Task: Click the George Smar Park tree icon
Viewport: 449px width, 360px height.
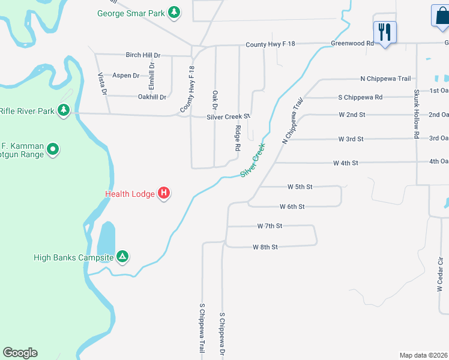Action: (x=174, y=12)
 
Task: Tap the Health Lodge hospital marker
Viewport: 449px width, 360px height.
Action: (x=164, y=193)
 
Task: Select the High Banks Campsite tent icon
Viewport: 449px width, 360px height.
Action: (x=122, y=257)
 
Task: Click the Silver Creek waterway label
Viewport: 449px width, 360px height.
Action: (x=253, y=160)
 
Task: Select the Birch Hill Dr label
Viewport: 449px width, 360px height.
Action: (x=143, y=55)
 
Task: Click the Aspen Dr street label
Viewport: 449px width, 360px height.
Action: (x=126, y=76)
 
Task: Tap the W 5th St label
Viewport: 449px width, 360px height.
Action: (x=300, y=187)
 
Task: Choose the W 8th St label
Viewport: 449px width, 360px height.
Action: (x=265, y=247)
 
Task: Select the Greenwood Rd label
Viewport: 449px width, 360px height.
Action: (x=352, y=44)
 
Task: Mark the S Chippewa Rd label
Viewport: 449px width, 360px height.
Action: (x=360, y=97)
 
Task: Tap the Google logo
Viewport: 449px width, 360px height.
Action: (x=20, y=353)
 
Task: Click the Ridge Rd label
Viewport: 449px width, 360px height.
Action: (x=238, y=138)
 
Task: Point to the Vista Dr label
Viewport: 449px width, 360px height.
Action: (x=102, y=85)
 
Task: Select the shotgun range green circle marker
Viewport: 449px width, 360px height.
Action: (x=53, y=149)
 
